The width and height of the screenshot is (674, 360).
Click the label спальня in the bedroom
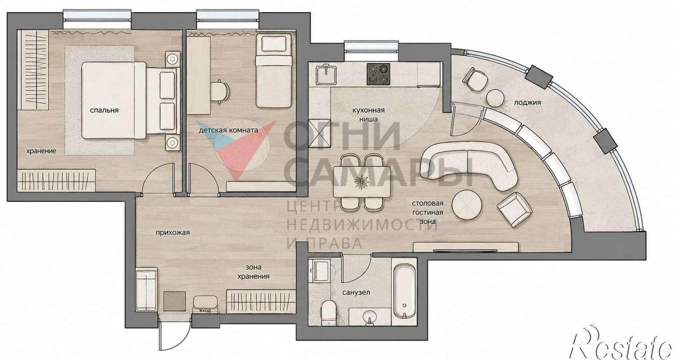click(x=104, y=110)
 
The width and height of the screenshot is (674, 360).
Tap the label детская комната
click(x=228, y=130)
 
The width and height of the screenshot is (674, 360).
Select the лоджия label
click(x=527, y=102)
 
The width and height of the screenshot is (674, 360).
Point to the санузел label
click(x=356, y=292)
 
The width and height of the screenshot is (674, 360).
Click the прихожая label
click(x=173, y=232)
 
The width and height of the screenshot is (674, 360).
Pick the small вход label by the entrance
click(x=205, y=310)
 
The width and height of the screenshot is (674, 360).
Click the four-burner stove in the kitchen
click(x=378, y=74)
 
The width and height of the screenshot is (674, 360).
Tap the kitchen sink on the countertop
click(x=326, y=74)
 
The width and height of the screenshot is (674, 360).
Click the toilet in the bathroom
click(x=329, y=313)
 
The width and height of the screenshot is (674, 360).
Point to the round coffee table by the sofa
click(x=467, y=205)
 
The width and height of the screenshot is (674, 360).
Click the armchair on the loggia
click(x=475, y=79)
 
